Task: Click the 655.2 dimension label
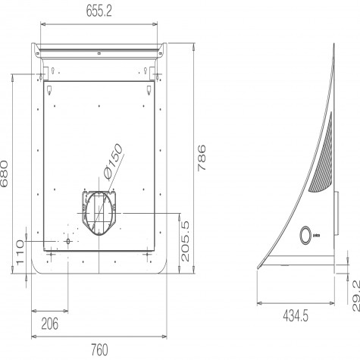(99, 11)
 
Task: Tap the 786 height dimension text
(202, 158)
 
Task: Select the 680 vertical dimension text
(4, 174)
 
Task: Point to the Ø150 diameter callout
(113, 162)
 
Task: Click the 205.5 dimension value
(185, 241)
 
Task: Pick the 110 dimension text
(20, 252)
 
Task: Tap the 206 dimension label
(49, 324)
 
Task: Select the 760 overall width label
(99, 350)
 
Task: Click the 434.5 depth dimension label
(296, 316)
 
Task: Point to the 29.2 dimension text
(356, 296)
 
